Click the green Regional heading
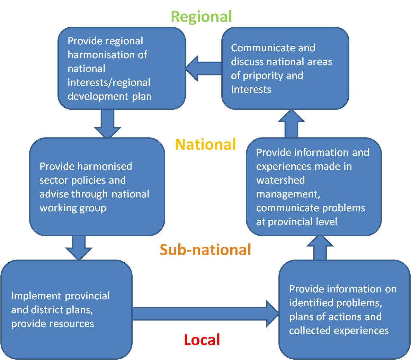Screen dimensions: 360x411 (x=201, y=17)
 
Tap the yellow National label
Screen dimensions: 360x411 (x=205, y=144)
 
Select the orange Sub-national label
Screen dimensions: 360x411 (x=205, y=249)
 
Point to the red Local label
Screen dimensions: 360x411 (x=202, y=340)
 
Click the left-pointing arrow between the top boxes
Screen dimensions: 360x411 (x=203, y=69)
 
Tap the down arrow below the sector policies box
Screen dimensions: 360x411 (x=79, y=247)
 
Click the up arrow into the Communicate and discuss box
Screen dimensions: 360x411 (x=291, y=124)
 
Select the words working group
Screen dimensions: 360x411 (x=73, y=208)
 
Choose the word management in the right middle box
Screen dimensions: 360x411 (x=288, y=194)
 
